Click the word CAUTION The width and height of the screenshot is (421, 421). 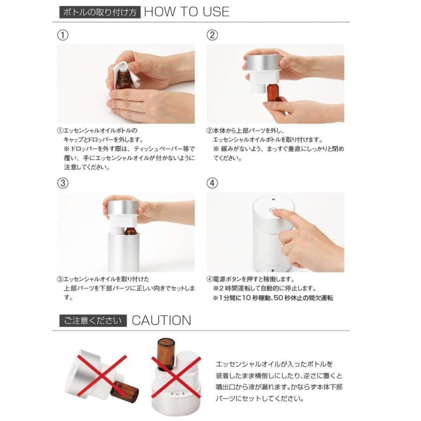(161, 320)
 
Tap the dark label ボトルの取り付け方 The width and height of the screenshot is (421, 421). (100, 12)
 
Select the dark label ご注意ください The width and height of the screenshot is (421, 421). (93, 320)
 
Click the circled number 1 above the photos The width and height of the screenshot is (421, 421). (63, 35)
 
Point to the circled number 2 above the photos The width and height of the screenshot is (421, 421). (212, 35)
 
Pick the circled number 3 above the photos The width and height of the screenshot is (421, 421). (63, 183)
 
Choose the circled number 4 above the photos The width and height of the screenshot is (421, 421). (212, 183)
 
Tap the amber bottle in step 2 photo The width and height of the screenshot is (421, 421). (273, 93)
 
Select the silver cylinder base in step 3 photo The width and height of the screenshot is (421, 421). (124, 252)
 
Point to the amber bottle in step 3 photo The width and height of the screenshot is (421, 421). (130, 231)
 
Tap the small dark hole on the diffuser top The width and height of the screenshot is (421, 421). (273, 199)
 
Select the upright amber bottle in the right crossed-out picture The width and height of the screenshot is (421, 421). (166, 355)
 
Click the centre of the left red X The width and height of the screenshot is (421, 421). (102, 376)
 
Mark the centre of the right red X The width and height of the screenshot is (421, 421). (176, 377)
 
